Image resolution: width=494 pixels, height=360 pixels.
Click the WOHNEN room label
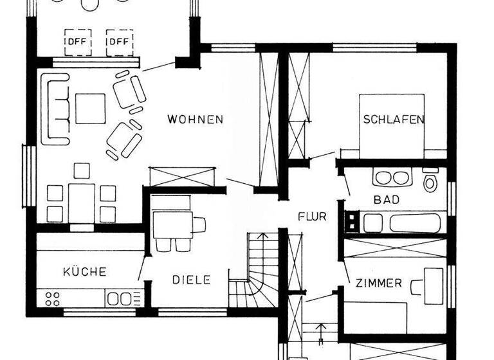(x=195, y=119)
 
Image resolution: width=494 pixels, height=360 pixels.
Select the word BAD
(x=387, y=200)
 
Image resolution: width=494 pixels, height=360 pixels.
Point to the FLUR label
(x=312, y=217)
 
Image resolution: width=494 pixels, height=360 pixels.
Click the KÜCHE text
(x=84, y=271)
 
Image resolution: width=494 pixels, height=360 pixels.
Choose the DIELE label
(x=191, y=280)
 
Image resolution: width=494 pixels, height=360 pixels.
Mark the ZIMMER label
(x=378, y=283)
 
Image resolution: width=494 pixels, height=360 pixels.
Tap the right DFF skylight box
(x=119, y=42)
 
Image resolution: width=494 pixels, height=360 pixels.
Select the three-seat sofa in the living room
(x=55, y=108)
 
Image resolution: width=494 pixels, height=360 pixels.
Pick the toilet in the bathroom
(x=430, y=181)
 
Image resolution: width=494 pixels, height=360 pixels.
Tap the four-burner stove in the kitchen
(x=51, y=298)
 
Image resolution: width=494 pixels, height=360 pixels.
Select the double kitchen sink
(x=120, y=298)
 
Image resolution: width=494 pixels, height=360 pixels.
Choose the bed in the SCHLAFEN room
(x=392, y=125)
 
